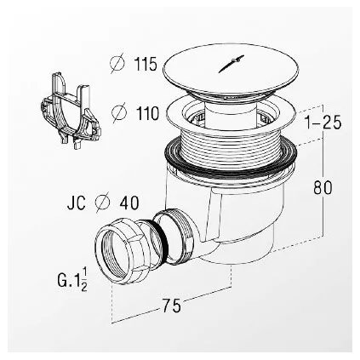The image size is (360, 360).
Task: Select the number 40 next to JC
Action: click(x=130, y=203)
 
